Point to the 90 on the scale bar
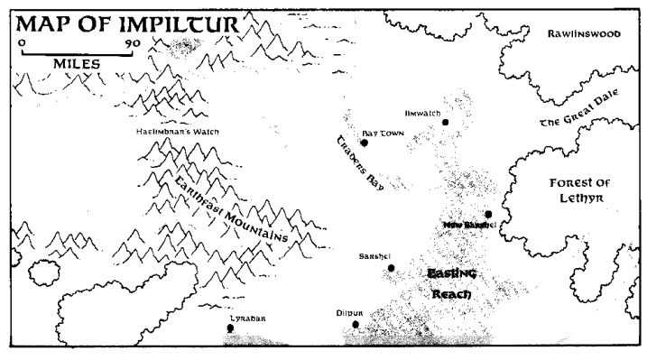tap(133, 42)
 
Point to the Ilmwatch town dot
tap(446, 122)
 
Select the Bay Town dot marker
tap(365, 143)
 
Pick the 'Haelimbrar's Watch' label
tap(176, 132)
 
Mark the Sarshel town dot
tap(391, 268)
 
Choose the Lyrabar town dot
tap(230, 328)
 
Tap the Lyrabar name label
tap(246, 318)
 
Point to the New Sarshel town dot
tap(488, 214)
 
